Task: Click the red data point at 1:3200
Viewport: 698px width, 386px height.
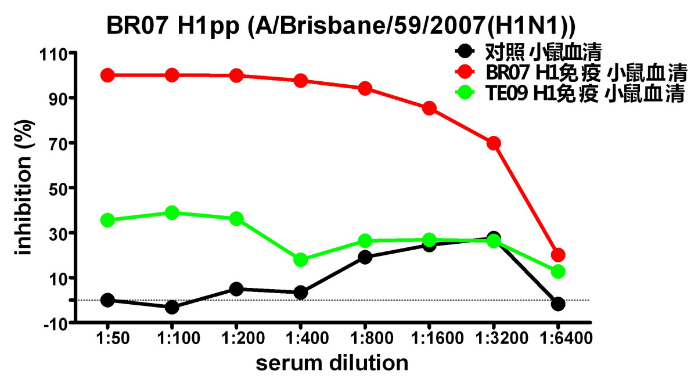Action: coord(494,143)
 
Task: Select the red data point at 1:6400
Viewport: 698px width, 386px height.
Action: coord(558,255)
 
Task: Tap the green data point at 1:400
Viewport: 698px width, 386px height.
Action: coord(301,260)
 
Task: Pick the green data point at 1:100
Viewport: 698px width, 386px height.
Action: coord(172,213)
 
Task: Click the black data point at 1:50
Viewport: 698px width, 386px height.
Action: coord(107,300)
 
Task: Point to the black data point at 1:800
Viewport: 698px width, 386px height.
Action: coord(365,257)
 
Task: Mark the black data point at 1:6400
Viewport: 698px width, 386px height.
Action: coord(558,304)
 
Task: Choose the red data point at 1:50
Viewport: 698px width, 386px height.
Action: coord(107,75)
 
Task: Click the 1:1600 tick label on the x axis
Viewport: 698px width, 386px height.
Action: coord(429,338)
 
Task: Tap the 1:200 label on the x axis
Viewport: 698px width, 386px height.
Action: coord(236,338)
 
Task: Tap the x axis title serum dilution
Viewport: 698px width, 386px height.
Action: coord(332,363)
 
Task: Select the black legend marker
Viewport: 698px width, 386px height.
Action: coord(464,52)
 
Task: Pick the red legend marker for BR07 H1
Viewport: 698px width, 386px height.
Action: coord(464,72)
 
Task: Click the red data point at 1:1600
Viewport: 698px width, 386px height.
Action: coord(429,108)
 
